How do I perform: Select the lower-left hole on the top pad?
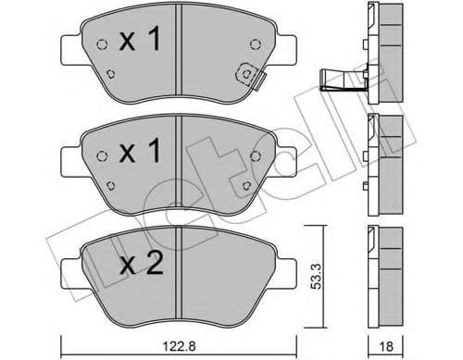[110, 76]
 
